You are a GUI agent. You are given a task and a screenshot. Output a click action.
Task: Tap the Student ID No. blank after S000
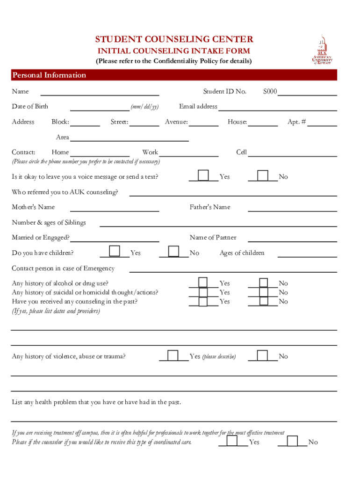pos(307,93)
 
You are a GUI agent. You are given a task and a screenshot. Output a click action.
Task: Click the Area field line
pos(129,138)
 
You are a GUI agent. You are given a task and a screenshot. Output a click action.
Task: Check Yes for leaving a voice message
pos(203,175)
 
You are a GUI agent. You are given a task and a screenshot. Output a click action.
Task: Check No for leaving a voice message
pos(263,175)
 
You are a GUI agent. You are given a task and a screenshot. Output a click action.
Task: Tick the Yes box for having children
pos(114,252)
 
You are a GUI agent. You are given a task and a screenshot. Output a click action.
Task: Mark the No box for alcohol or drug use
pos(264,283)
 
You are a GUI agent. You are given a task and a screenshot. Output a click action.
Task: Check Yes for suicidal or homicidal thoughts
pos(203,292)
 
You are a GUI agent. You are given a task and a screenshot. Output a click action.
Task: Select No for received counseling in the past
pos(264,301)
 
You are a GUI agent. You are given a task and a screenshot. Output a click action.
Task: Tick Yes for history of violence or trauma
pos(173,356)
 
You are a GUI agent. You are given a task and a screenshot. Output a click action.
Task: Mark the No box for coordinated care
pos(293,441)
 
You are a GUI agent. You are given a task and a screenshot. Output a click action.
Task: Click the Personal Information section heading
pos(50,75)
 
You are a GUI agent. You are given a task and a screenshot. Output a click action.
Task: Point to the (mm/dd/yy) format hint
pos(144,107)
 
